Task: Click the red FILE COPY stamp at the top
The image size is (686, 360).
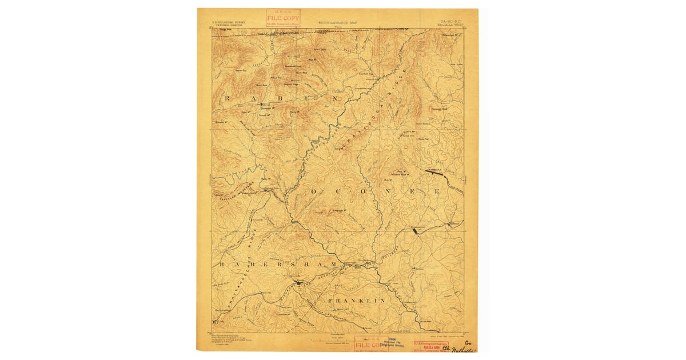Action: (283, 18)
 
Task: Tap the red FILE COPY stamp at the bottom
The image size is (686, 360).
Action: (370, 345)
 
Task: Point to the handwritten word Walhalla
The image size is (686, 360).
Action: (464, 349)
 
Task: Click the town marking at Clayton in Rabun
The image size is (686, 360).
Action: (262, 105)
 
